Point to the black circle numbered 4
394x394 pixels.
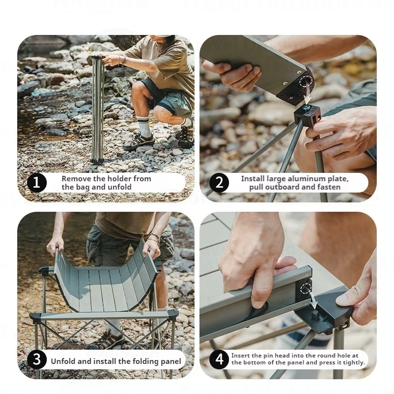[219, 360]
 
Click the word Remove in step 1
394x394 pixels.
[76, 179]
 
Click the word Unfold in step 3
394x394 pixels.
[64, 361]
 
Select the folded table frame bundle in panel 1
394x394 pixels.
[98, 108]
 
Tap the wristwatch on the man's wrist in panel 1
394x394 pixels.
[122, 60]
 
